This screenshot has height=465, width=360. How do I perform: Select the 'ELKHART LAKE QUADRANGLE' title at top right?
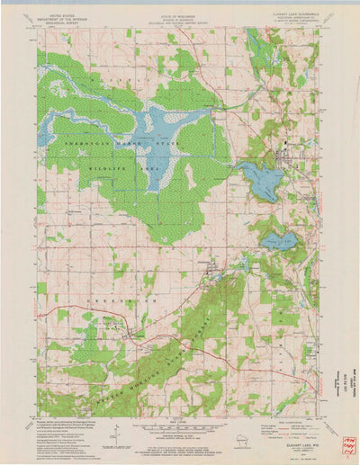tap(290, 8)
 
